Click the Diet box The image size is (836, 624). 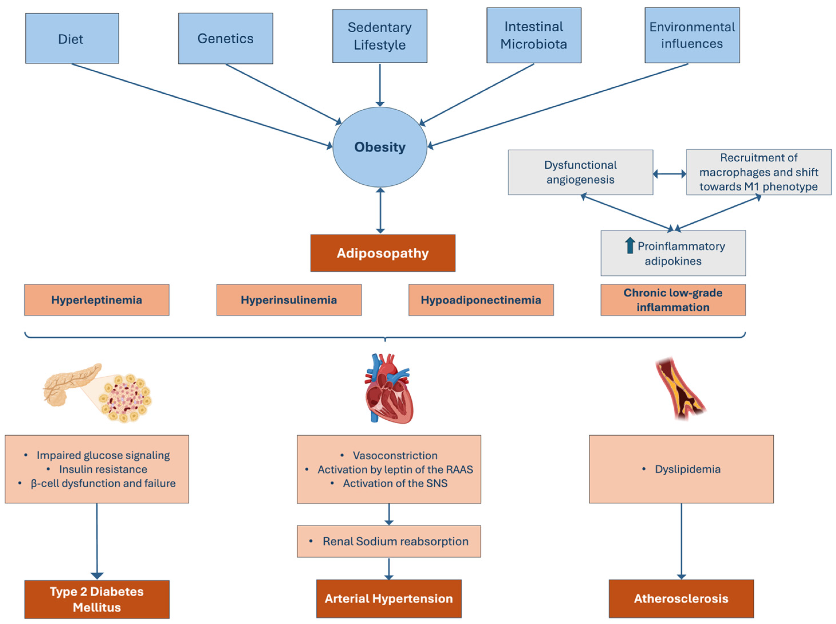72,39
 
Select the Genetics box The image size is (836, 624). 225,39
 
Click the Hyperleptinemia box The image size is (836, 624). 97,300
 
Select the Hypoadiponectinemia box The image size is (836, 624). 481,300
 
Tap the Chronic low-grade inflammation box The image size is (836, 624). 673,300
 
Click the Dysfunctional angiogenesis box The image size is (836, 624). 580,172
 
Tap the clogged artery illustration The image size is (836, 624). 680,389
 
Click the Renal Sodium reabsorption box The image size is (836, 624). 389,541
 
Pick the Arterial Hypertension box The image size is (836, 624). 389,599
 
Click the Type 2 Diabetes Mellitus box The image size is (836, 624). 97,599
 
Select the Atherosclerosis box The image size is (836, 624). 681,599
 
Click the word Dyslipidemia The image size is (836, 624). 687,469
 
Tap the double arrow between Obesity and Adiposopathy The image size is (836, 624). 380,210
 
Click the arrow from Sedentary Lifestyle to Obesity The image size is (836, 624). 380,85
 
